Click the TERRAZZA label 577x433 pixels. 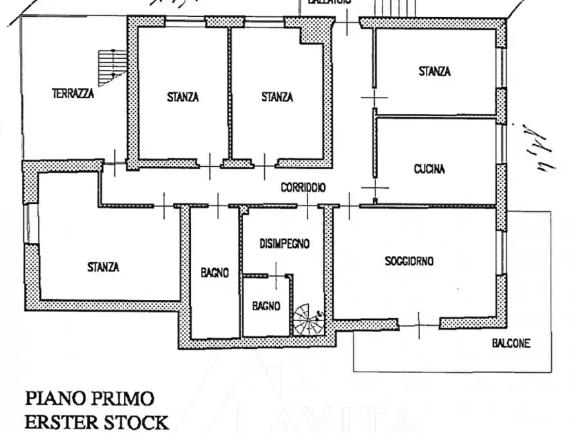click(x=73, y=94)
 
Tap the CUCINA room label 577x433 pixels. click(x=429, y=169)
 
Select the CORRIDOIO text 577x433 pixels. click(x=303, y=187)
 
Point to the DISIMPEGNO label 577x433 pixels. click(x=284, y=244)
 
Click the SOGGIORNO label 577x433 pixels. click(x=409, y=261)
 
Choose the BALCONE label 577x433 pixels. click(x=510, y=344)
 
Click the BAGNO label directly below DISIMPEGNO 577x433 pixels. click(x=266, y=306)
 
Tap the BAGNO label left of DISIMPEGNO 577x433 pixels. click(x=215, y=273)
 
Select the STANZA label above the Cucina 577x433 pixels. click(x=434, y=72)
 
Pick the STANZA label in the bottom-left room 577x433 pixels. click(x=103, y=266)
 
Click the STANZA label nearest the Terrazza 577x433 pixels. click(x=183, y=98)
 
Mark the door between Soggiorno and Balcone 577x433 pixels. click(x=419, y=324)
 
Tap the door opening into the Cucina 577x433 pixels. click(x=373, y=187)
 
